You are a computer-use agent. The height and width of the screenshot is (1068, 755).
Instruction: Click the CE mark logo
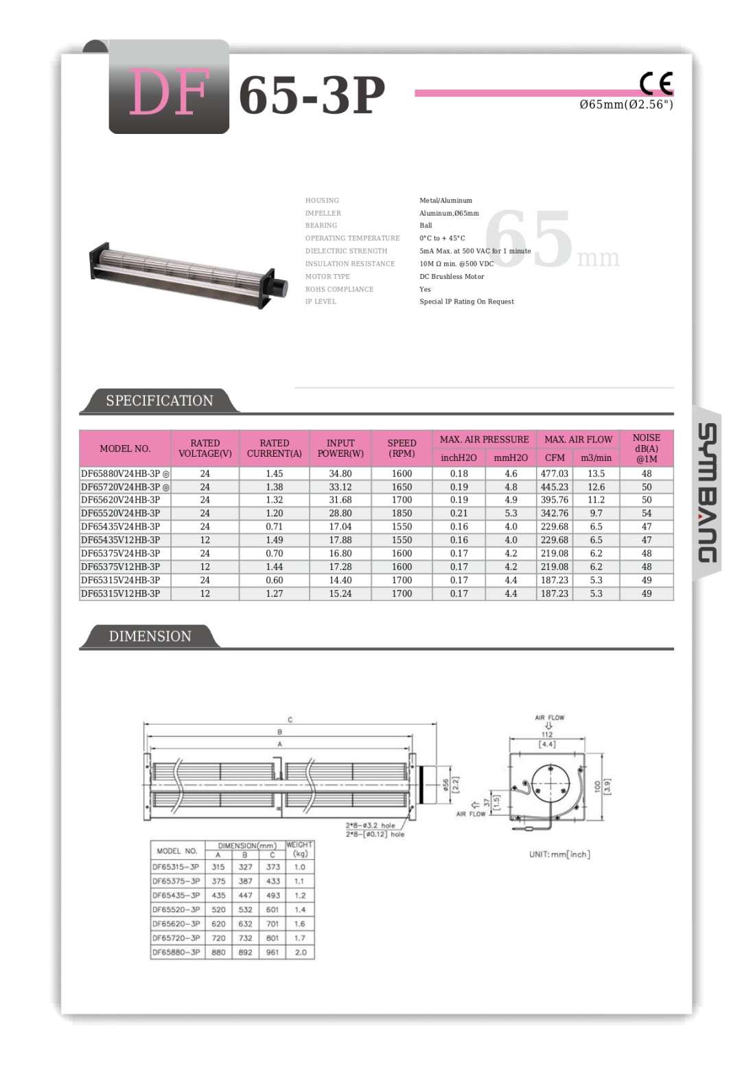pyautogui.click(x=656, y=84)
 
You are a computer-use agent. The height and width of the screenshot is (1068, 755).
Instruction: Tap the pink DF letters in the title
pyautogui.click(x=169, y=93)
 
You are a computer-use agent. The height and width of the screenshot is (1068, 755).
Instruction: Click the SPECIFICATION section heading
pyautogui.click(x=159, y=400)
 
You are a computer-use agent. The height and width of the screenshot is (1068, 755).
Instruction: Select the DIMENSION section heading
pyautogui.click(x=150, y=636)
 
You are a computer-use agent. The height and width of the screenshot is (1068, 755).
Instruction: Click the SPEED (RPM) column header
pyautogui.click(x=402, y=448)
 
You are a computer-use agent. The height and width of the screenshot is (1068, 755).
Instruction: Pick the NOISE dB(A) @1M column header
pyautogui.click(x=646, y=448)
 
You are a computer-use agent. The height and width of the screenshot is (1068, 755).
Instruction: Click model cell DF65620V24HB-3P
pyautogui.click(x=121, y=500)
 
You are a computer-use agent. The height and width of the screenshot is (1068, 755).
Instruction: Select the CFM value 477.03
pyautogui.click(x=555, y=474)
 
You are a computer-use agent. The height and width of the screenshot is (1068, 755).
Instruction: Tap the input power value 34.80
pyautogui.click(x=340, y=474)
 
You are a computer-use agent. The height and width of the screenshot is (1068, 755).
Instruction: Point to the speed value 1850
pyautogui.click(x=402, y=513)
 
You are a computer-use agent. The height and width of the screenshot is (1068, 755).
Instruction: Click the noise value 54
pyautogui.click(x=646, y=513)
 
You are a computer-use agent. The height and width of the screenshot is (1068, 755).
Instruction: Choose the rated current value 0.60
pyautogui.click(x=274, y=580)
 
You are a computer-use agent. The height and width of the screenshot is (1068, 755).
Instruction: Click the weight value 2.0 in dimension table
pyautogui.click(x=301, y=953)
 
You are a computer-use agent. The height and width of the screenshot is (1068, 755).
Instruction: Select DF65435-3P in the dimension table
pyautogui.click(x=176, y=896)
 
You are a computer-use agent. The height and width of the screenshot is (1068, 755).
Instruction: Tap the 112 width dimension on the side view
pyautogui.click(x=547, y=734)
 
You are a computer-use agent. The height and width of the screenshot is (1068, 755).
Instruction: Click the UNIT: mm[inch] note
pyautogui.click(x=559, y=854)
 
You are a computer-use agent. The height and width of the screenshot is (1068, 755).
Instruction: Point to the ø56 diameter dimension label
pyautogui.click(x=446, y=784)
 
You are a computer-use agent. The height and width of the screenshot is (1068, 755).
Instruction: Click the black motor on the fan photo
pyautogui.click(x=277, y=288)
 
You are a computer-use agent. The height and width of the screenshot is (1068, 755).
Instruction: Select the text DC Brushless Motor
pyautogui.click(x=452, y=277)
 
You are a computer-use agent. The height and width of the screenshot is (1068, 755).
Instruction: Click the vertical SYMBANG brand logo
pyautogui.click(x=707, y=492)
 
